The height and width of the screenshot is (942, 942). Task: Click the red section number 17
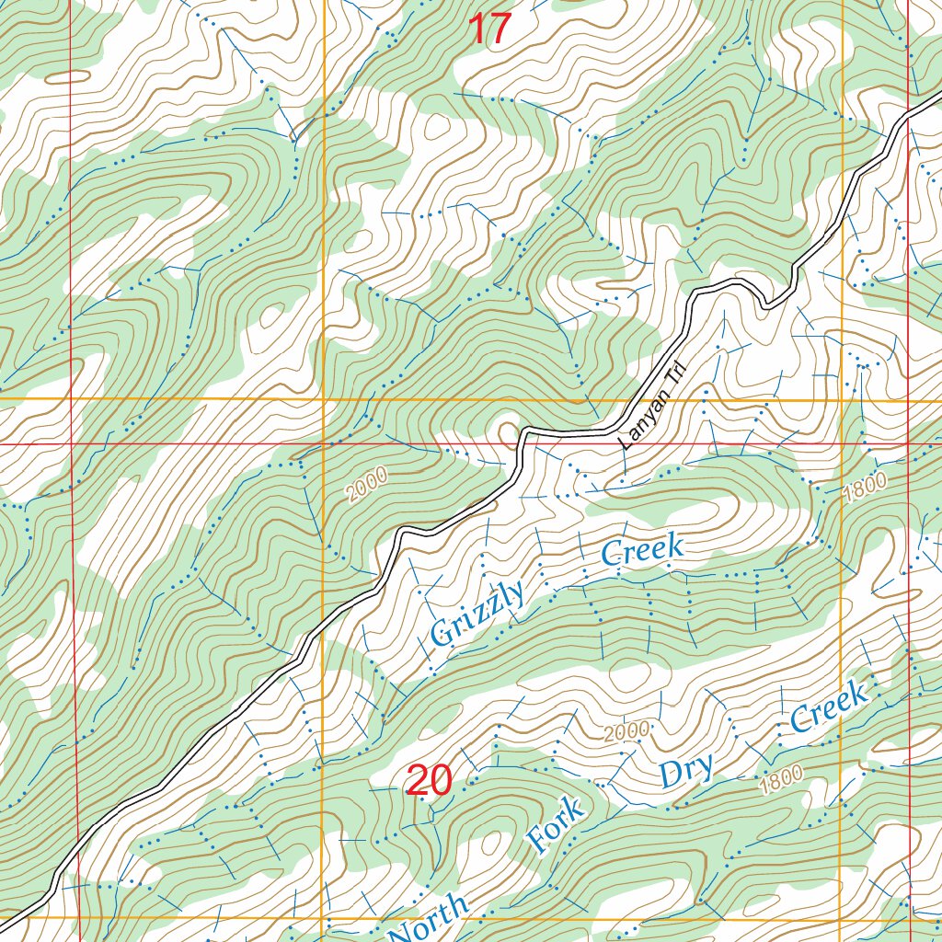488,29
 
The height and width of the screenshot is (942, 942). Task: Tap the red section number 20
428,780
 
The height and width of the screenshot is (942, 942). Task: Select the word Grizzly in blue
477,613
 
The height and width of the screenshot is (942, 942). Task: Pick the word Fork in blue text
556,825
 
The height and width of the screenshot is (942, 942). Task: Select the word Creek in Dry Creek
830,707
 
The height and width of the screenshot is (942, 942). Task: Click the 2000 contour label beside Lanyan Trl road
368,484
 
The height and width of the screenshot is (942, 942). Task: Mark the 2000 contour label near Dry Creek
627,732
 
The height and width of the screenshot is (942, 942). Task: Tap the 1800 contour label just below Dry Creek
782,781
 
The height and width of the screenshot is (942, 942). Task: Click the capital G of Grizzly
443,633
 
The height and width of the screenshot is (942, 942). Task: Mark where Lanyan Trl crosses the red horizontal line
521,443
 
